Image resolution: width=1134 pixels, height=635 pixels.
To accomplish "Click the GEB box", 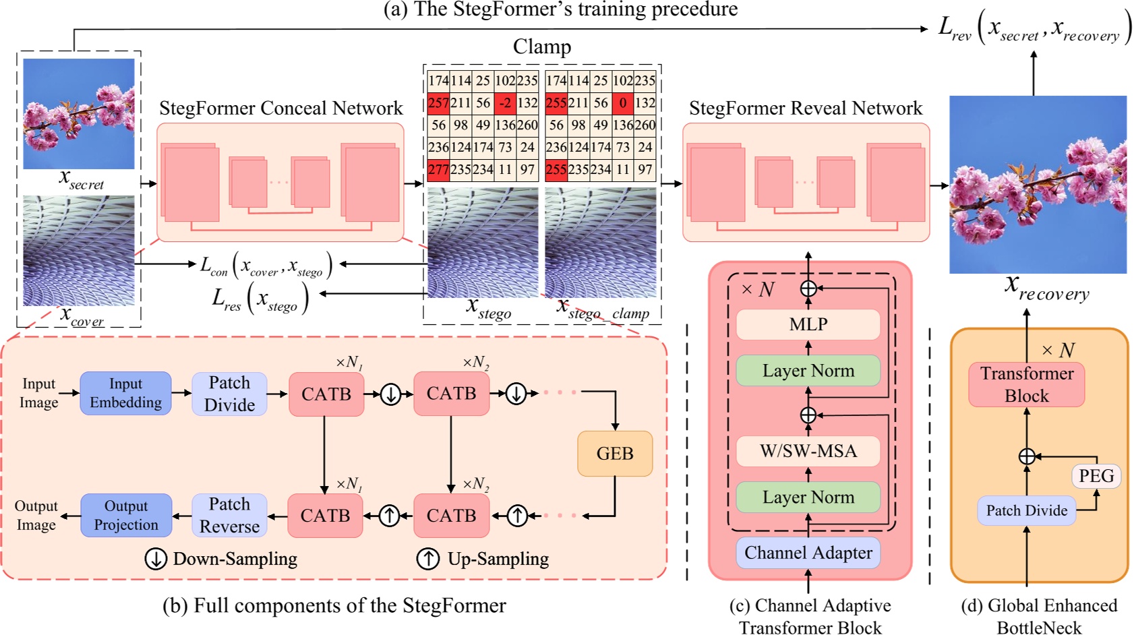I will pos(614,454).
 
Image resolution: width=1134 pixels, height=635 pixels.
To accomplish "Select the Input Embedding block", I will pos(125,393).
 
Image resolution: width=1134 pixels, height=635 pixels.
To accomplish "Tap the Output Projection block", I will pos(126,516).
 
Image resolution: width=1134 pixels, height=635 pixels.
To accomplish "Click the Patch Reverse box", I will pos(229,516).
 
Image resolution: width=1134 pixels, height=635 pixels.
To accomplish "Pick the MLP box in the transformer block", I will pos(808,324).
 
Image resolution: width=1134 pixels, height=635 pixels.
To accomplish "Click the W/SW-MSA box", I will pos(808,451).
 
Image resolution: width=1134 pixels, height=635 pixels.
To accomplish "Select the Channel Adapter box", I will pos(808,553).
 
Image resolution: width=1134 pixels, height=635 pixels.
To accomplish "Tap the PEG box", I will pos(1096,476).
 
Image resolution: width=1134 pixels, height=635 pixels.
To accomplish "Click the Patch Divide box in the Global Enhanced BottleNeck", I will pos(1026,511).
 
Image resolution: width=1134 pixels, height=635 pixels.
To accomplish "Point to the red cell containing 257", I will pos(438,103).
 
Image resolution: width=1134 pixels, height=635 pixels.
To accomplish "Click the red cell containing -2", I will pos(505,103).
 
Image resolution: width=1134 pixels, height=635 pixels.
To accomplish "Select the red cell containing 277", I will pos(438,169).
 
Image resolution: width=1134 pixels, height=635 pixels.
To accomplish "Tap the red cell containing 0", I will pos(623,103).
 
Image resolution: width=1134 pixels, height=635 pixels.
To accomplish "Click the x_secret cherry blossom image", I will pos(79,113).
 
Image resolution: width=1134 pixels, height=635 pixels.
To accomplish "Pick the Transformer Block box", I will pos(1026,384).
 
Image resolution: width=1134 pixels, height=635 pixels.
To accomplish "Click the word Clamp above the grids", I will pos(541,47).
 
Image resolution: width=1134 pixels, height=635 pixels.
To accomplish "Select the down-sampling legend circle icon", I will pos(156,559).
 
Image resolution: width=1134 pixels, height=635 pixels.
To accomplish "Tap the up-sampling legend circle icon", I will pos(427,559).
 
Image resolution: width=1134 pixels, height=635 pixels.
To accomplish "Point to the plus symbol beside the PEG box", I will pos(1026,456).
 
